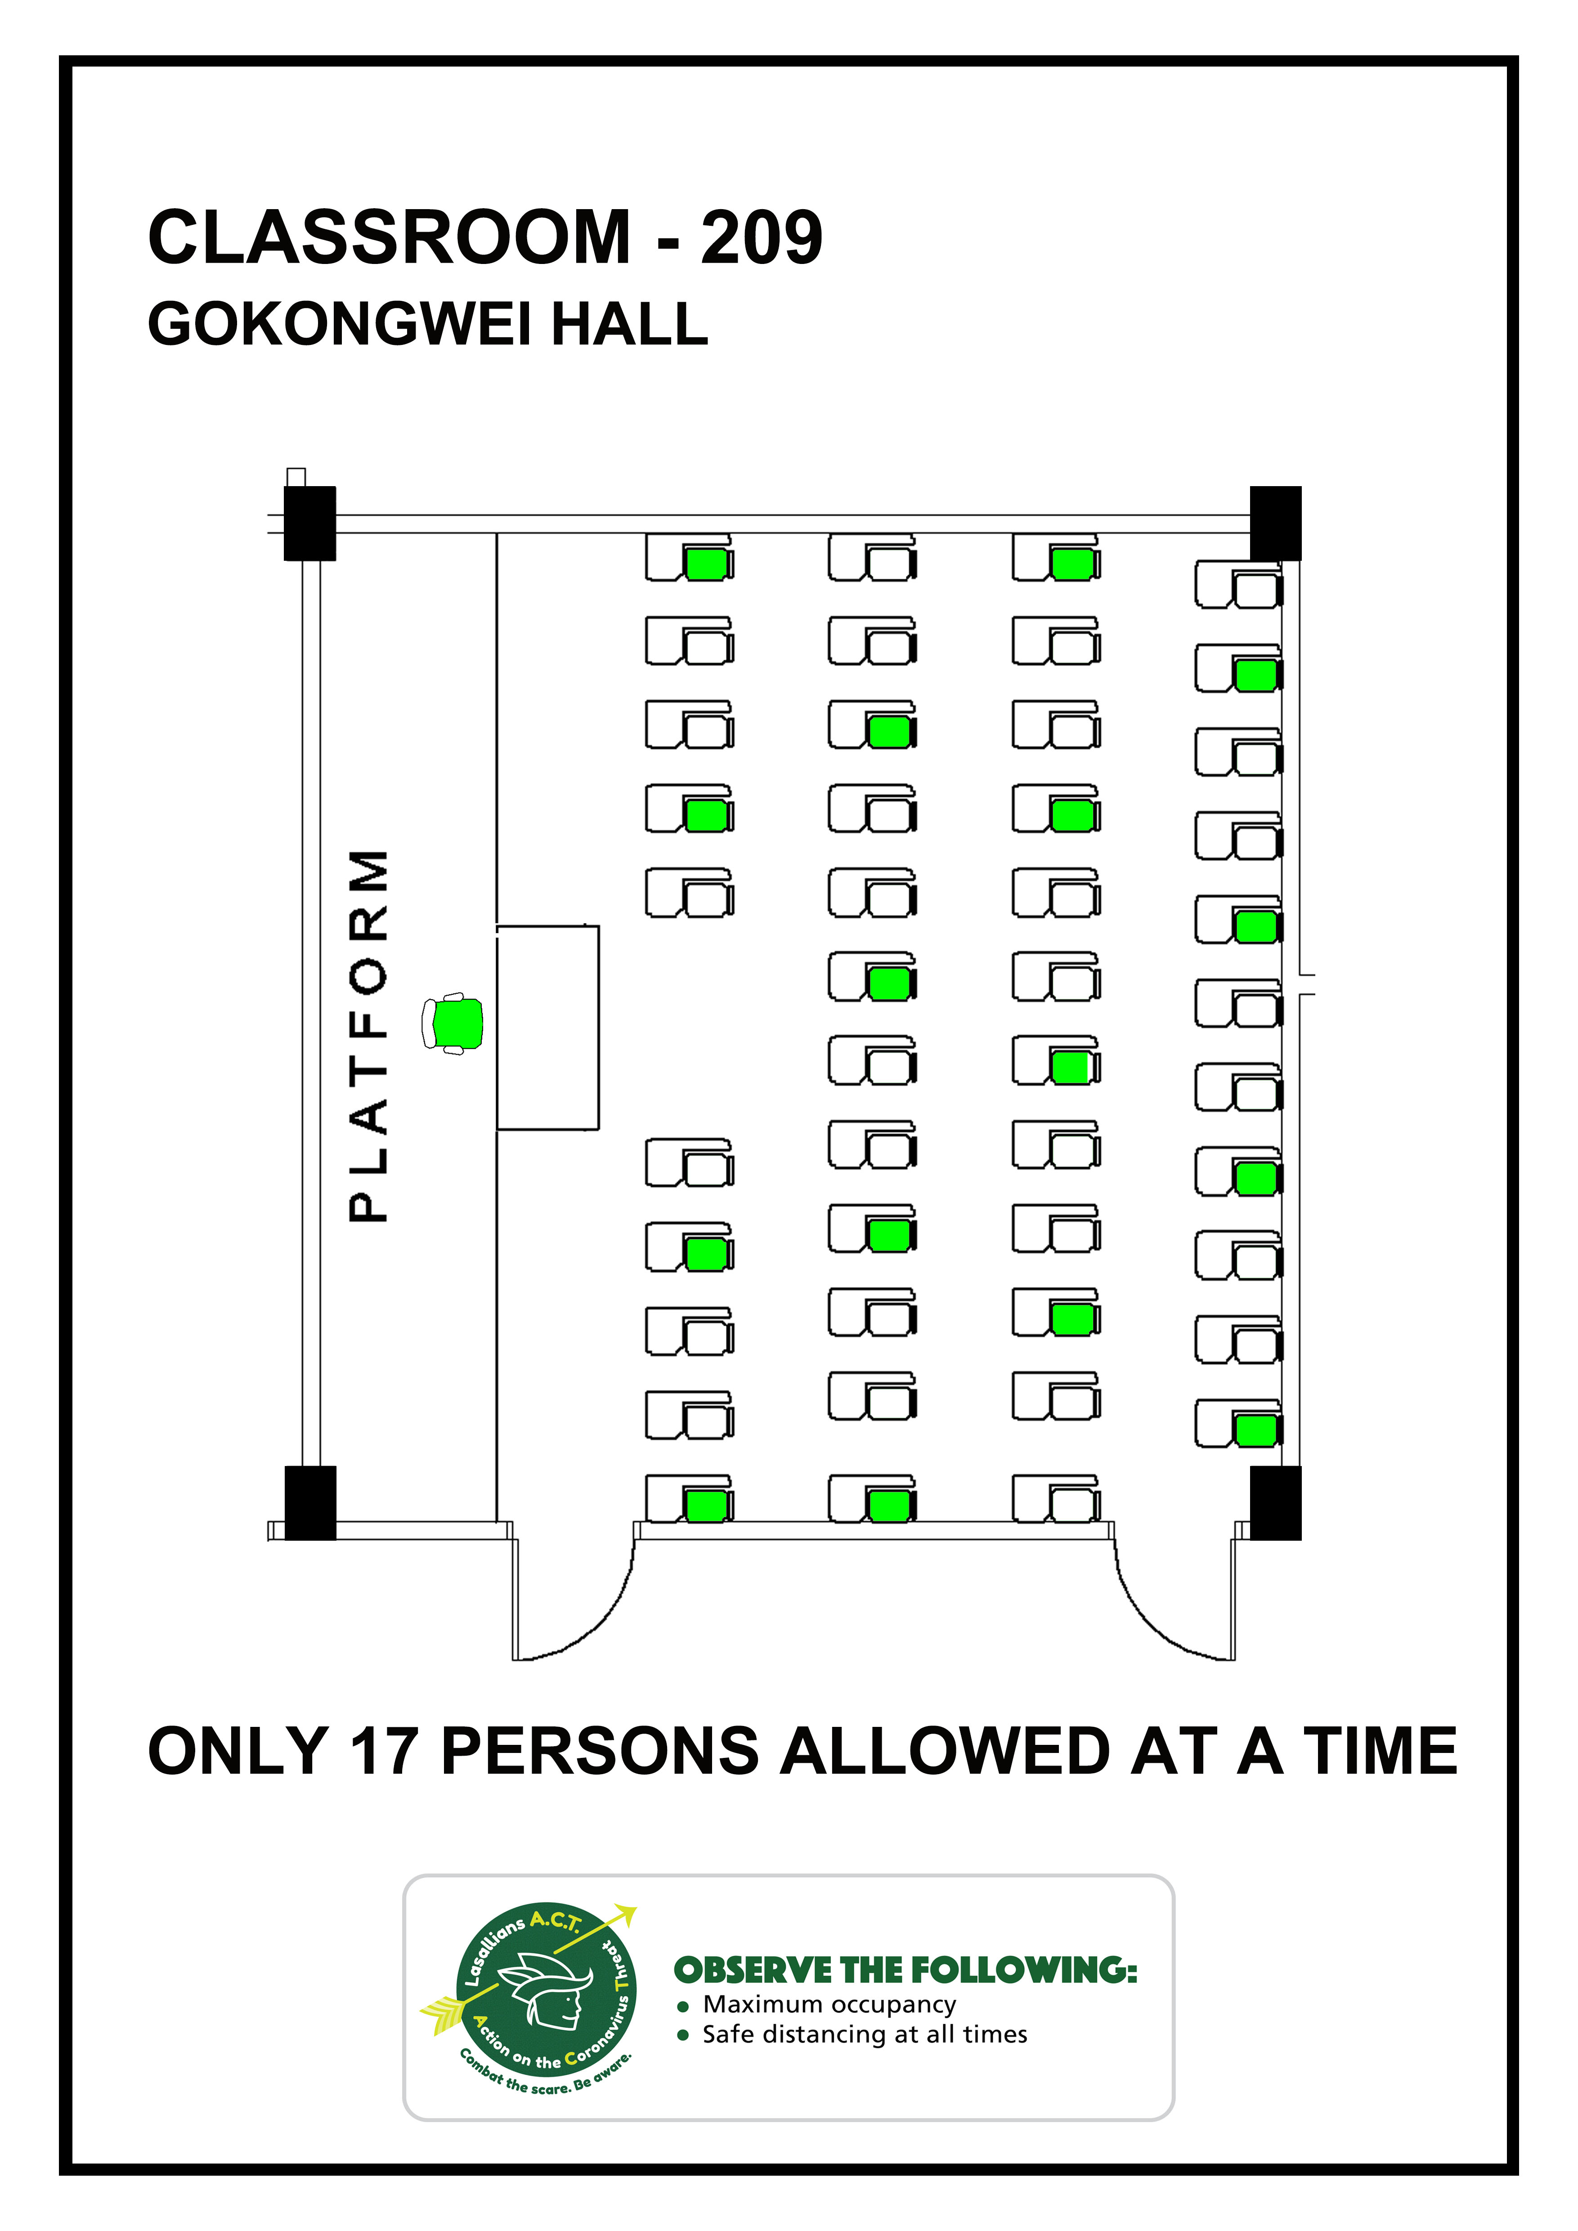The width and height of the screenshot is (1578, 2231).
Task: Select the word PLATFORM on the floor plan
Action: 369,1036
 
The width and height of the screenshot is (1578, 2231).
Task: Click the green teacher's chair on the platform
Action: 453,1023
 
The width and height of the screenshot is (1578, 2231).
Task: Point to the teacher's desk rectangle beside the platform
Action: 548,1027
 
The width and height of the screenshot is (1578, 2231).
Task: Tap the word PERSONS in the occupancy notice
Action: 600,1752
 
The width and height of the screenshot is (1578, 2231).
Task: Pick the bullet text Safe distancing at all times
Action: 865,2035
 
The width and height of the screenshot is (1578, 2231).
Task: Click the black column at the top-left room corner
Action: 310,524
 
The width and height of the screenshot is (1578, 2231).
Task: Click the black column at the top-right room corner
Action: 1276,524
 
